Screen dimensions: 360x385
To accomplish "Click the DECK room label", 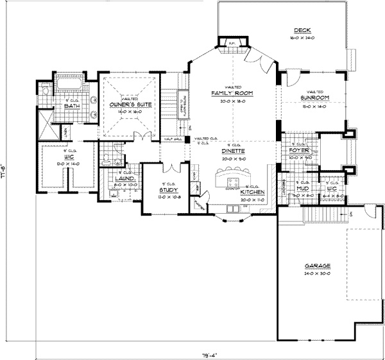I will [x=302, y=30].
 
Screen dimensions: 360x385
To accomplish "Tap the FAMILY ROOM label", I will [x=232, y=94].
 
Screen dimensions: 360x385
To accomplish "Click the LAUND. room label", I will [x=123, y=178].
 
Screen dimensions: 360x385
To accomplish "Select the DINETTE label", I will [x=234, y=151].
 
